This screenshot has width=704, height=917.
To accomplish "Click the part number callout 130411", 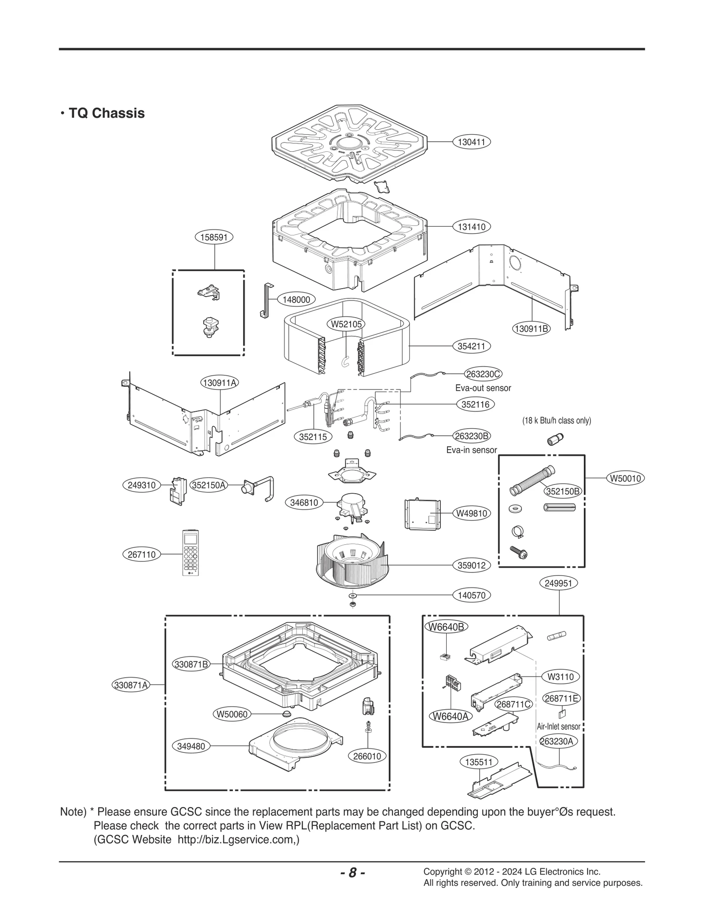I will (471, 142).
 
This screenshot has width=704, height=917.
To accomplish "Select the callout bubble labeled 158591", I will (214, 237).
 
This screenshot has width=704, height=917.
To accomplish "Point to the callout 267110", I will (142, 554).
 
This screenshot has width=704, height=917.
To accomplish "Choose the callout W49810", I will (472, 513).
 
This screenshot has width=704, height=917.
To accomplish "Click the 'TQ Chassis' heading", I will (106, 113).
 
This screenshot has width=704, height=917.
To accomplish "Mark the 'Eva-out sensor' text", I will (483, 388).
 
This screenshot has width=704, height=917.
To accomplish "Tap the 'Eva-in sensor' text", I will (471, 450).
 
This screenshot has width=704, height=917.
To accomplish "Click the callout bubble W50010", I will (625, 478).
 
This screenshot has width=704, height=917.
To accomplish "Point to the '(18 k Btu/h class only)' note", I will (557, 421).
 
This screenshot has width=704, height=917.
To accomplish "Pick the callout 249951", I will (558, 583).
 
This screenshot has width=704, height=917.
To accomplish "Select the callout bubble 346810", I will (304, 502).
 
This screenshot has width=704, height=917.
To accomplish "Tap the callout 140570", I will (471, 595).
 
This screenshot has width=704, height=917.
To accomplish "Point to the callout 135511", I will (479, 762).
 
